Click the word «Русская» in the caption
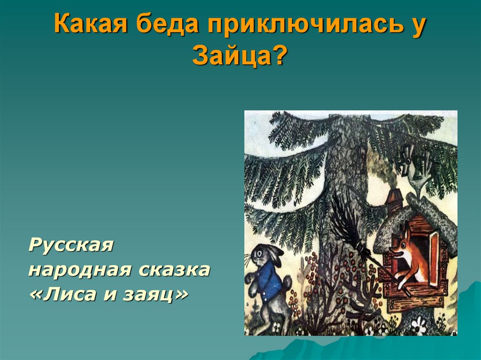click(x=71, y=245)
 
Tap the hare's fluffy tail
click(x=287, y=281)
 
